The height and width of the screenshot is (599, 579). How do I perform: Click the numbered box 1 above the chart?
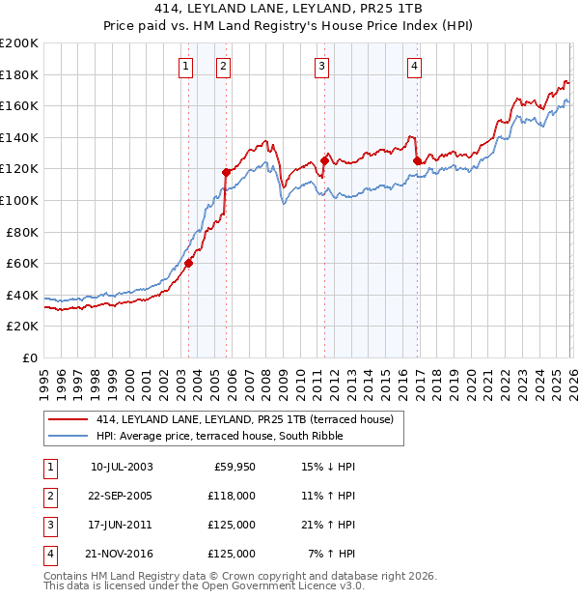point(184,66)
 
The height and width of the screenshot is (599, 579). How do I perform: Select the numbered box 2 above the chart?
point(223,66)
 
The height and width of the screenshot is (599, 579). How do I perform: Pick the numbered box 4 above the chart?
point(414,66)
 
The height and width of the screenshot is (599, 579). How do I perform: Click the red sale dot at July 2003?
point(189,263)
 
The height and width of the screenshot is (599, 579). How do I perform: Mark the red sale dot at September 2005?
point(227,172)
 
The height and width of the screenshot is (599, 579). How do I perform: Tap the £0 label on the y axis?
point(29,357)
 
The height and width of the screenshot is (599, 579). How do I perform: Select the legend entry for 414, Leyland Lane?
point(244,419)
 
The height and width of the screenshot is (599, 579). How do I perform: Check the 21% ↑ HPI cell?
point(329,525)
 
